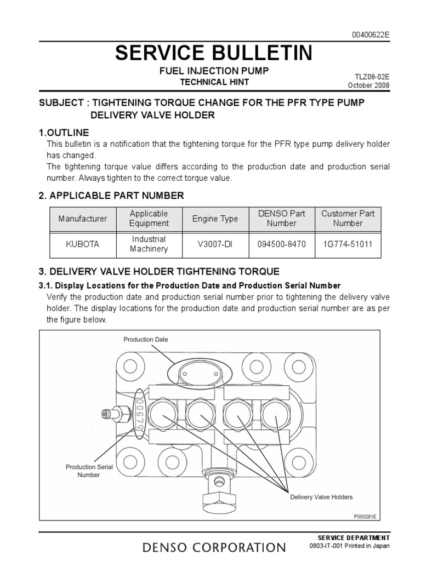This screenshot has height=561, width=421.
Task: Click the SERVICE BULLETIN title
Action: (214, 53)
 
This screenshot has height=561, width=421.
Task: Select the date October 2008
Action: (369, 86)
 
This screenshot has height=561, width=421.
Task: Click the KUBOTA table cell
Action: (83, 244)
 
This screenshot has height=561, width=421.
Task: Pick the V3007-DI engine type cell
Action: (215, 244)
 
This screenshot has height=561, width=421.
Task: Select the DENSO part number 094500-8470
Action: (281, 244)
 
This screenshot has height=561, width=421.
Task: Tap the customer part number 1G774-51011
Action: (347, 244)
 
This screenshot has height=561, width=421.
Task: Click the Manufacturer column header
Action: (83, 219)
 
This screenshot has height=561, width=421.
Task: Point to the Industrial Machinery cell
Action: (148, 244)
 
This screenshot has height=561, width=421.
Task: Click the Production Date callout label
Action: (146, 340)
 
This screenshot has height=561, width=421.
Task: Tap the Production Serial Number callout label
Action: (89, 471)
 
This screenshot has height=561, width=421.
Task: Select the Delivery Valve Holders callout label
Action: (322, 497)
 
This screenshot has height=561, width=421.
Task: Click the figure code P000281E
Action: (367, 516)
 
